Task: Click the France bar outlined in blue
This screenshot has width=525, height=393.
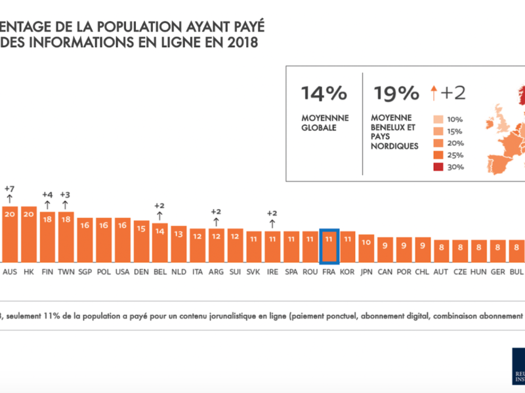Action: tap(329, 246)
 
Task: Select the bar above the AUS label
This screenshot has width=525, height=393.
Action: tap(10, 234)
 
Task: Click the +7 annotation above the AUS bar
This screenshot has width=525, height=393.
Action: tap(9, 189)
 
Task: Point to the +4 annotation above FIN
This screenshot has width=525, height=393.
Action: tap(47, 194)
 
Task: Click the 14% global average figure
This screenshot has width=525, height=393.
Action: tap(324, 93)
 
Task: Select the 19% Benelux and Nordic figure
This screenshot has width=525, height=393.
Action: tap(396, 93)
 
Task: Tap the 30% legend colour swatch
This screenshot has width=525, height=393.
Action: tap(439, 167)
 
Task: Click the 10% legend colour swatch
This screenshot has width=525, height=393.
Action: tap(439, 120)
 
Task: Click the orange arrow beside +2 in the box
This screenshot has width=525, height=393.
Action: tap(434, 94)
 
